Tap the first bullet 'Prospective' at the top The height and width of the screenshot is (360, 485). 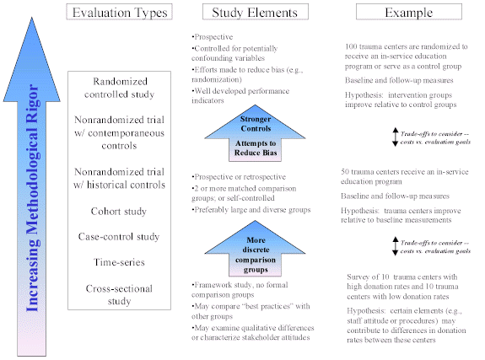click(214, 38)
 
